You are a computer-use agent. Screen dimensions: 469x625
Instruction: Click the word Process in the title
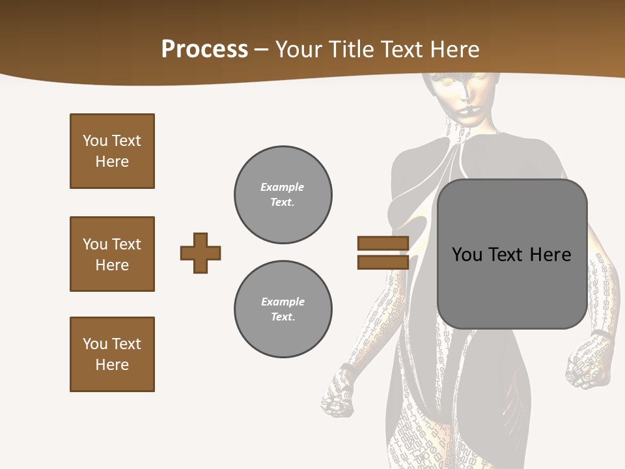pos(204,50)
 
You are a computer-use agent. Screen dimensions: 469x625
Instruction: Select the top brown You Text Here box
pos(112,151)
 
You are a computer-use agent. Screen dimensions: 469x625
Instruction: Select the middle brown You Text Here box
pos(112,254)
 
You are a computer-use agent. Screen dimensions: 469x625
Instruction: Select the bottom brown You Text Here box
pos(112,354)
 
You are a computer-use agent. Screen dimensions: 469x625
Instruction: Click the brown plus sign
pos(201,253)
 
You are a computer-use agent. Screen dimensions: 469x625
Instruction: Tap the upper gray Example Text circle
pos(283,195)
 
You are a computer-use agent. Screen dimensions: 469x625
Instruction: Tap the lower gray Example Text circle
pos(283,309)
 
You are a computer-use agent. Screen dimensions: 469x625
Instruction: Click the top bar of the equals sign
pos(383,243)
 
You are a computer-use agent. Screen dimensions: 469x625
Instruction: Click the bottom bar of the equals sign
pos(383,262)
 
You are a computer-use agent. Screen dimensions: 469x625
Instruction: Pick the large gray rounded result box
pos(512,254)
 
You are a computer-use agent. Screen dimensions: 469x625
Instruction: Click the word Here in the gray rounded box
pos(550,255)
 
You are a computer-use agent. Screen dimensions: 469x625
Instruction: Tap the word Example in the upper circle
pos(283,187)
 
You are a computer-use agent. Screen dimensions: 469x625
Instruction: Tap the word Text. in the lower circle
pos(283,317)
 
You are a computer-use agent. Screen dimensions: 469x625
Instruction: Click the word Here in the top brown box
pos(112,162)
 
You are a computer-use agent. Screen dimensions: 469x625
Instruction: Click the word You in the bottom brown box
pos(94,344)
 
